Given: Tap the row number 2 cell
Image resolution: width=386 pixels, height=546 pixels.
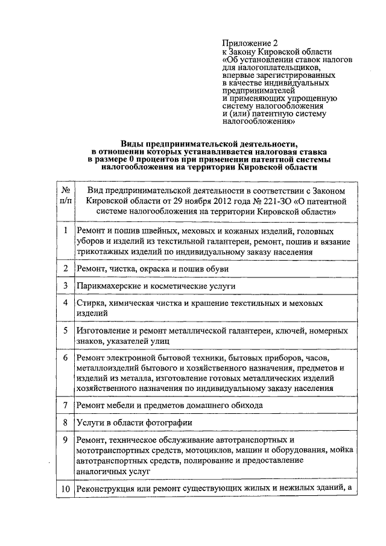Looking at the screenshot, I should pyautogui.click(x=65, y=267).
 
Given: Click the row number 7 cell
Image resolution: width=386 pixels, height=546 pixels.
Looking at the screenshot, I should pyautogui.click(x=65, y=405).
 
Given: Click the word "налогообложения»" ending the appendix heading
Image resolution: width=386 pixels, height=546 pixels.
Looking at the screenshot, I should pyautogui.click(x=259, y=121).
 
